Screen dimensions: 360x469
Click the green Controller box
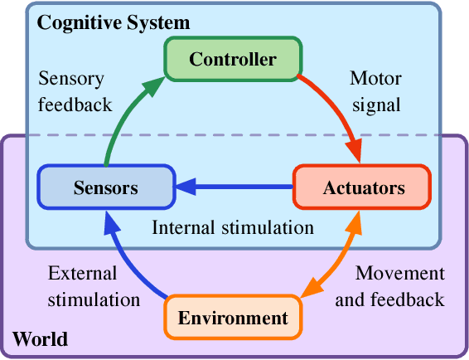click(232, 59)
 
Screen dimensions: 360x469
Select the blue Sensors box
click(105, 187)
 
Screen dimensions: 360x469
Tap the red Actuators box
click(362, 187)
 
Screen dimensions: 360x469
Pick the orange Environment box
click(233, 318)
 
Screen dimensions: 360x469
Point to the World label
click(40, 339)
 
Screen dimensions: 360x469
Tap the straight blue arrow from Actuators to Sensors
click(236, 187)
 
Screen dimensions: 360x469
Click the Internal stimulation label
click(233, 226)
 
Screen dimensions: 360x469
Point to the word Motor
click(375, 80)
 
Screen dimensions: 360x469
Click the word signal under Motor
click(375, 105)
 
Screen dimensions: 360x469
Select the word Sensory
click(71, 80)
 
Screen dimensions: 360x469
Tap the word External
click(82, 273)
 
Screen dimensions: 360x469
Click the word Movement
click(399, 273)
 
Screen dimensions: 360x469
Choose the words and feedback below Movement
click(389, 299)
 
